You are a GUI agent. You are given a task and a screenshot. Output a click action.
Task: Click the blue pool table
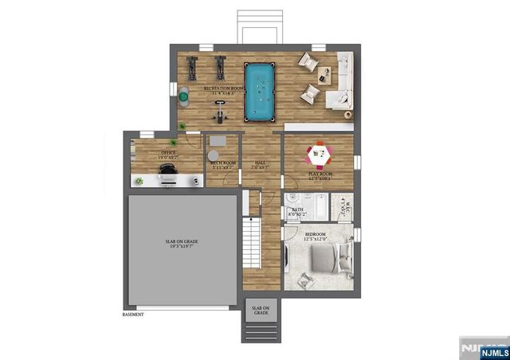(x=259, y=92)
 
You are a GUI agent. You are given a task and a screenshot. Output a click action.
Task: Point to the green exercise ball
(x=183, y=97)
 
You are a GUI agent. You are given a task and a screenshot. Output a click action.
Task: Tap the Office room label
(x=168, y=154)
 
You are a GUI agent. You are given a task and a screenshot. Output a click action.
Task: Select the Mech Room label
(x=222, y=165)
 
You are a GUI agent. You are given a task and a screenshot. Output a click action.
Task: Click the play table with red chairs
(x=320, y=152)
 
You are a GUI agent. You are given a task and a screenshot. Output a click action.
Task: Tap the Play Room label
(x=320, y=174)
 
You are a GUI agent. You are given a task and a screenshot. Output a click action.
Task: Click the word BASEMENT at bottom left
(x=133, y=314)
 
